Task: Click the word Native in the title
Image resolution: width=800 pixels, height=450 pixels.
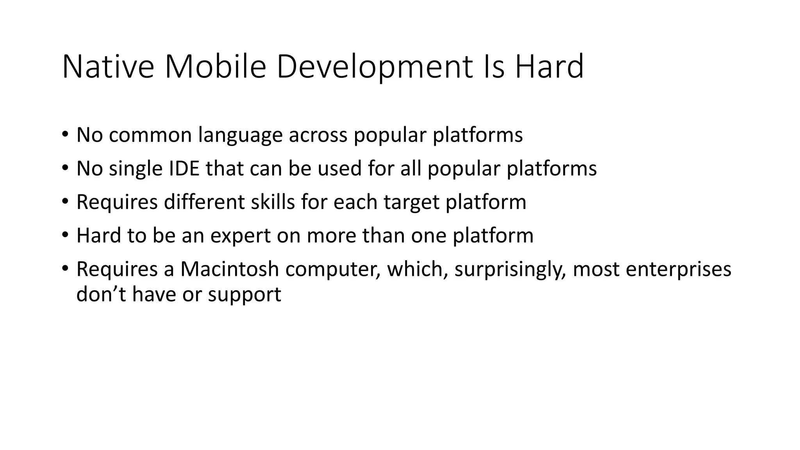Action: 108,67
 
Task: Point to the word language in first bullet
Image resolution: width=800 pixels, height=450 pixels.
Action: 240,136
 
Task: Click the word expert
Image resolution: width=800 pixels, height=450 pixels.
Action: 240,236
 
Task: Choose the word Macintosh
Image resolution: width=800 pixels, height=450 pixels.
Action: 229,269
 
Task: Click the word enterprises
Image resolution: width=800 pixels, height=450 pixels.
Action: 679,270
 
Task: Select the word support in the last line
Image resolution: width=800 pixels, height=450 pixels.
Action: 244,295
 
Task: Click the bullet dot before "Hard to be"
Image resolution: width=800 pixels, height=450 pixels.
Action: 65,235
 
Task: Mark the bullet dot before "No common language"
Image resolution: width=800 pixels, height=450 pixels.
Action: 65,135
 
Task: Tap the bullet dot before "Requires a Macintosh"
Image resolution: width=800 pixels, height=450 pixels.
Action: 65,269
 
